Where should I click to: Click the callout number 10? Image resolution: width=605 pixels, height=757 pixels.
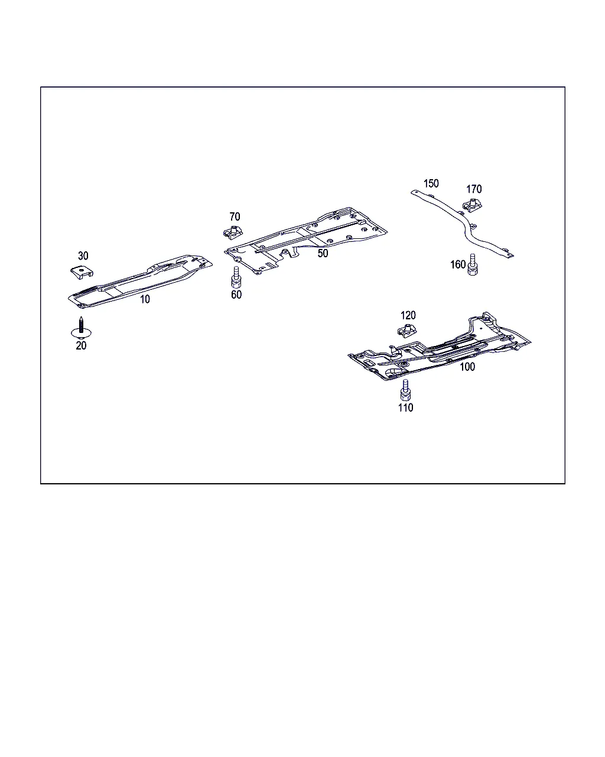(x=145, y=299)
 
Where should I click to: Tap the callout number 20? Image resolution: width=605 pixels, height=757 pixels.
(x=81, y=345)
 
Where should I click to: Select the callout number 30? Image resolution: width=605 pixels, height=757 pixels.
(x=83, y=255)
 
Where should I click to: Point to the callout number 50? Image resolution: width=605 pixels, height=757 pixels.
(x=323, y=253)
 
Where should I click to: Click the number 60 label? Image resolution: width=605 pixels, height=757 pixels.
(x=236, y=295)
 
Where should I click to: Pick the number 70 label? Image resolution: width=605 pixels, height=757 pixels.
(x=235, y=216)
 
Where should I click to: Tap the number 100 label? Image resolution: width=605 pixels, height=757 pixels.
(x=467, y=367)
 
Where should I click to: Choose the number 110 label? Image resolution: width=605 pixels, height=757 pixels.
(x=406, y=407)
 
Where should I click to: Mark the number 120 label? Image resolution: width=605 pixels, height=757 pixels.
(x=408, y=315)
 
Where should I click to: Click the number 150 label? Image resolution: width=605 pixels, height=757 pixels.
(x=431, y=183)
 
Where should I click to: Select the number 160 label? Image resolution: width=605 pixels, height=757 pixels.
(x=458, y=264)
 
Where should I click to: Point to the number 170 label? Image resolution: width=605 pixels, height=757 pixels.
(x=474, y=189)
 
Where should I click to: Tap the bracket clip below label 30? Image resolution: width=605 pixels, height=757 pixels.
(x=82, y=273)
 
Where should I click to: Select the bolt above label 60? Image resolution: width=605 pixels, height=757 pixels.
(x=236, y=277)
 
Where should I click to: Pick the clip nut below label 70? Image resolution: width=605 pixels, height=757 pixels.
(x=233, y=232)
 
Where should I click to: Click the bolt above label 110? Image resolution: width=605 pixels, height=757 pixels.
(x=405, y=390)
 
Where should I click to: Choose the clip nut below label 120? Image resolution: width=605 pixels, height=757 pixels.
(x=407, y=331)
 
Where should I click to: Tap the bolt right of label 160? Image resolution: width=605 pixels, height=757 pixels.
(x=473, y=264)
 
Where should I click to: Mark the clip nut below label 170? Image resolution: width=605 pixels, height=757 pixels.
(x=472, y=205)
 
